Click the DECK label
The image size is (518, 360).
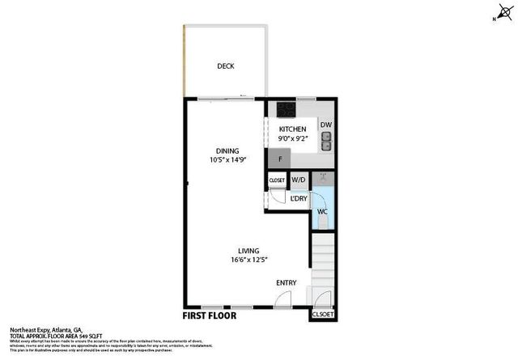point(225,66)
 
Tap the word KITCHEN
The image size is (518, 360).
point(292,129)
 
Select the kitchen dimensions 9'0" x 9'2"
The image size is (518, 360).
point(292,139)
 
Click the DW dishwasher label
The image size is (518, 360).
point(325,125)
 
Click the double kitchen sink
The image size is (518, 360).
point(325,142)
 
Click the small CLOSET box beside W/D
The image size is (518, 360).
point(278,180)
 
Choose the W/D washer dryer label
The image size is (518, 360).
point(299,180)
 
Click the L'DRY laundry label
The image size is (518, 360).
point(299,198)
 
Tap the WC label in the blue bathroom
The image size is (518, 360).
point(321,211)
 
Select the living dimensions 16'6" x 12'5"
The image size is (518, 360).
point(248,260)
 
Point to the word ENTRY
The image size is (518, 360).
point(287,282)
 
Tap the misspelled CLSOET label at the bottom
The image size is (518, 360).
point(322,315)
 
